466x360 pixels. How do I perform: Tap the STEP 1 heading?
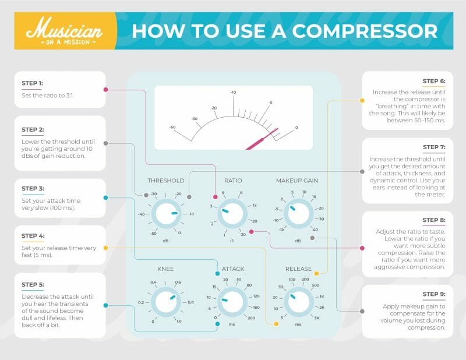32,83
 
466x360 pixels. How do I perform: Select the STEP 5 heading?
32,284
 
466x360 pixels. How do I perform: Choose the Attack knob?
232,302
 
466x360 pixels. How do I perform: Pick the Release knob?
297,302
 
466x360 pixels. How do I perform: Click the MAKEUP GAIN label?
297,181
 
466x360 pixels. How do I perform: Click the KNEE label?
165,269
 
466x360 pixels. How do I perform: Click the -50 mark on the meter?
172,127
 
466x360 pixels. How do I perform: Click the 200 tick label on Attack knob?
252,318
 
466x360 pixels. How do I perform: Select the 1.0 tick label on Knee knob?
178,321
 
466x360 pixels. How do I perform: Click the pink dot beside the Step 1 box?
105,90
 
